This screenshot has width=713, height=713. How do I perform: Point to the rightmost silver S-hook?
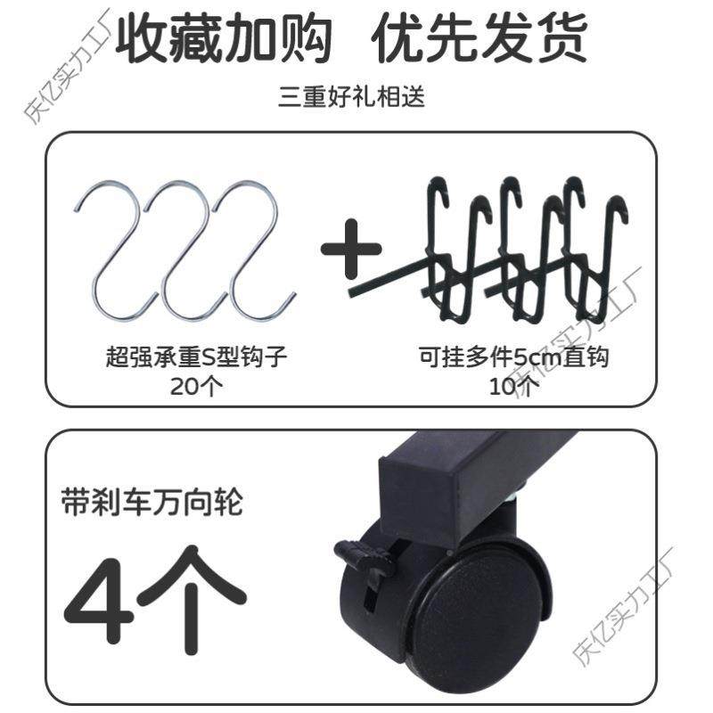(255, 246)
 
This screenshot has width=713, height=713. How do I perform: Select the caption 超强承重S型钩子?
(197, 360)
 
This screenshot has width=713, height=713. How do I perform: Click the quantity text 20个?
(197, 386)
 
